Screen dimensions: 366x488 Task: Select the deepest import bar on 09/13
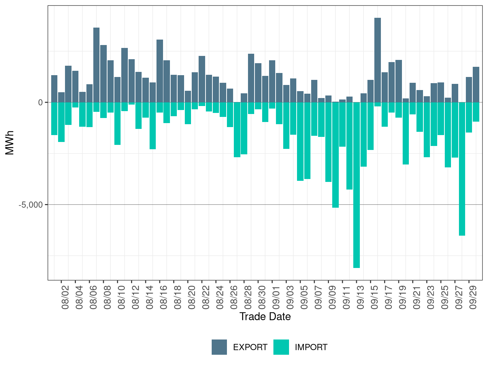[x=357, y=185]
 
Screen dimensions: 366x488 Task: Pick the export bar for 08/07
[x=96, y=65]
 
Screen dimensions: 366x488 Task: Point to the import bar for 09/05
[x=300, y=142]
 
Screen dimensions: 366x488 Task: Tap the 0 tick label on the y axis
[x=40, y=102]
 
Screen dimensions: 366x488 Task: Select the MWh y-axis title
[x=10, y=143]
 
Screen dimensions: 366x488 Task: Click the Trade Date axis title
[x=265, y=317]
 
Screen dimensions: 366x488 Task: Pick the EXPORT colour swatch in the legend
[x=219, y=347]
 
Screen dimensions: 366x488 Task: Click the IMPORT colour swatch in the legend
[x=281, y=347]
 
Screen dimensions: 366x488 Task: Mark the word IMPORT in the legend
[x=311, y=347]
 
